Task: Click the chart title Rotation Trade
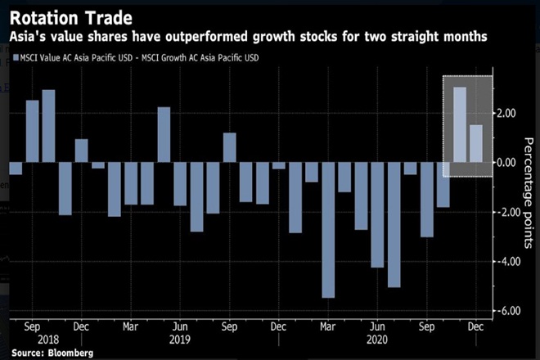click(x=67, y=16)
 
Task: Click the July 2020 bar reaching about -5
click(x=394, y=225)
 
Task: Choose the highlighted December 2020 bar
click(x=476, y=143)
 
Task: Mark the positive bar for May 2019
click(x=164, y=135)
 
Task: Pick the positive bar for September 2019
click(x=229, y=147)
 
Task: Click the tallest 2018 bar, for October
click(x=48, y=126)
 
